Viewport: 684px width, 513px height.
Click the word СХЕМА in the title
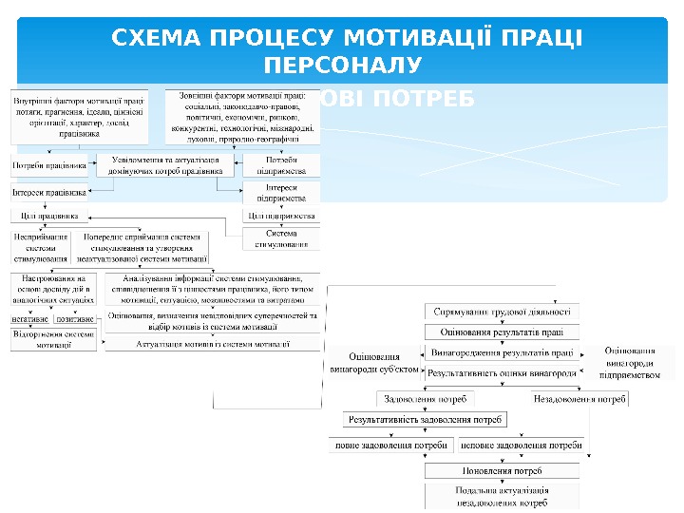coord(159,39)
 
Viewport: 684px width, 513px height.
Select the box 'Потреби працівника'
coord(48,166)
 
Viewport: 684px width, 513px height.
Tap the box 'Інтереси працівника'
coord(49,192)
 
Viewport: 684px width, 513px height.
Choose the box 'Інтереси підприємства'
coord(282,193)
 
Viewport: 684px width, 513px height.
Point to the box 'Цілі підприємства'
coord(281,217)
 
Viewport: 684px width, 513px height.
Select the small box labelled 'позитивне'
coord(75,319)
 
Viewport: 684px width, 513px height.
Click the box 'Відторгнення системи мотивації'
coord(53,339)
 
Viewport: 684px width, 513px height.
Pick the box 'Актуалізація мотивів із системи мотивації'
coord(213,343)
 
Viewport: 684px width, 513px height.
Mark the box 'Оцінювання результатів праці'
coord(502,332)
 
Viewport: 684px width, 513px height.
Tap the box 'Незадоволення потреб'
coord(579,399)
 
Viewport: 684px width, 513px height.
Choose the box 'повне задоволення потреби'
coord(391,445)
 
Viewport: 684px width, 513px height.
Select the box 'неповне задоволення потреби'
coord(522,445)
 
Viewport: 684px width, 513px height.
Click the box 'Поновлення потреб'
coord(502,470)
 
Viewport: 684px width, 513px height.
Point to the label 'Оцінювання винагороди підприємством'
coord(631,363)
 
